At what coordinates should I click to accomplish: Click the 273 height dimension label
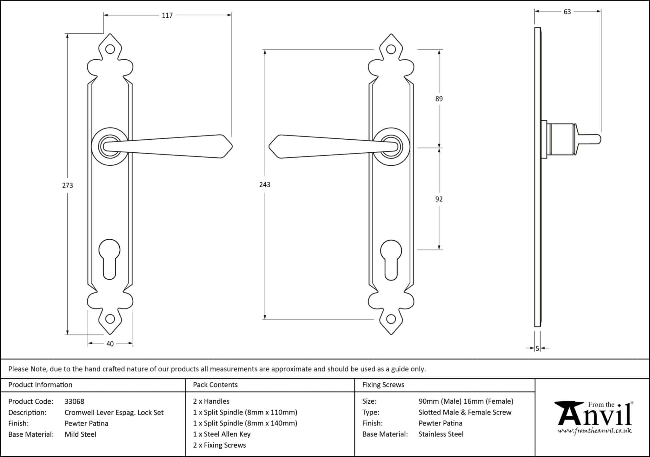pyautogui.click(x=68, y=185)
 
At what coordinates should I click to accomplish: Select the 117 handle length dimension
pyautogui.click(x=167, y=15)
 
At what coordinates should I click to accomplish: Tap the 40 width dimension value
pyautogui.click(x=110, y=344)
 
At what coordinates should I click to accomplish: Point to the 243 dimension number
pyautogui.click(x=265, y=185)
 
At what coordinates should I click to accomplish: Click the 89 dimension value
pyautogui.click(x=439, y=99)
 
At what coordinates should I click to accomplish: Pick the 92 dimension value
pyautogui.click(x=439, y=199)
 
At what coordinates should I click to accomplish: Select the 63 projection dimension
pyautogui.click(x=567, y=12)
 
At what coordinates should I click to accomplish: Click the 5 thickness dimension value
pyautogui.click(x=537, y=348)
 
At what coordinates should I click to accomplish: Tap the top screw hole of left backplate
pyautogui.click(x=110, y=49)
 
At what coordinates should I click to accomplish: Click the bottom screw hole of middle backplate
pyautogui.click(x=391, y=319)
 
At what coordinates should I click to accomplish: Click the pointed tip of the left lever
pyautogui.click(x=231, y=146)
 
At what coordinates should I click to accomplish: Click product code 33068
pyautogui.click(x=74, y=401)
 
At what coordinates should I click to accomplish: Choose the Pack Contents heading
pyautogui.click(x=215, y=385)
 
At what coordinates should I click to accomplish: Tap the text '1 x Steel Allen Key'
pyautogui.click(x=222, y=434)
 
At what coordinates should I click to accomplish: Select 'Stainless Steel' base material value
pyautogui.click(x=441, y=434)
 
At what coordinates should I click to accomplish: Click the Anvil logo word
pyautogui.click(x=595, y=415)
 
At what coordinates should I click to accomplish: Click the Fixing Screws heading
pyautogui.click(x=383, y=385)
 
